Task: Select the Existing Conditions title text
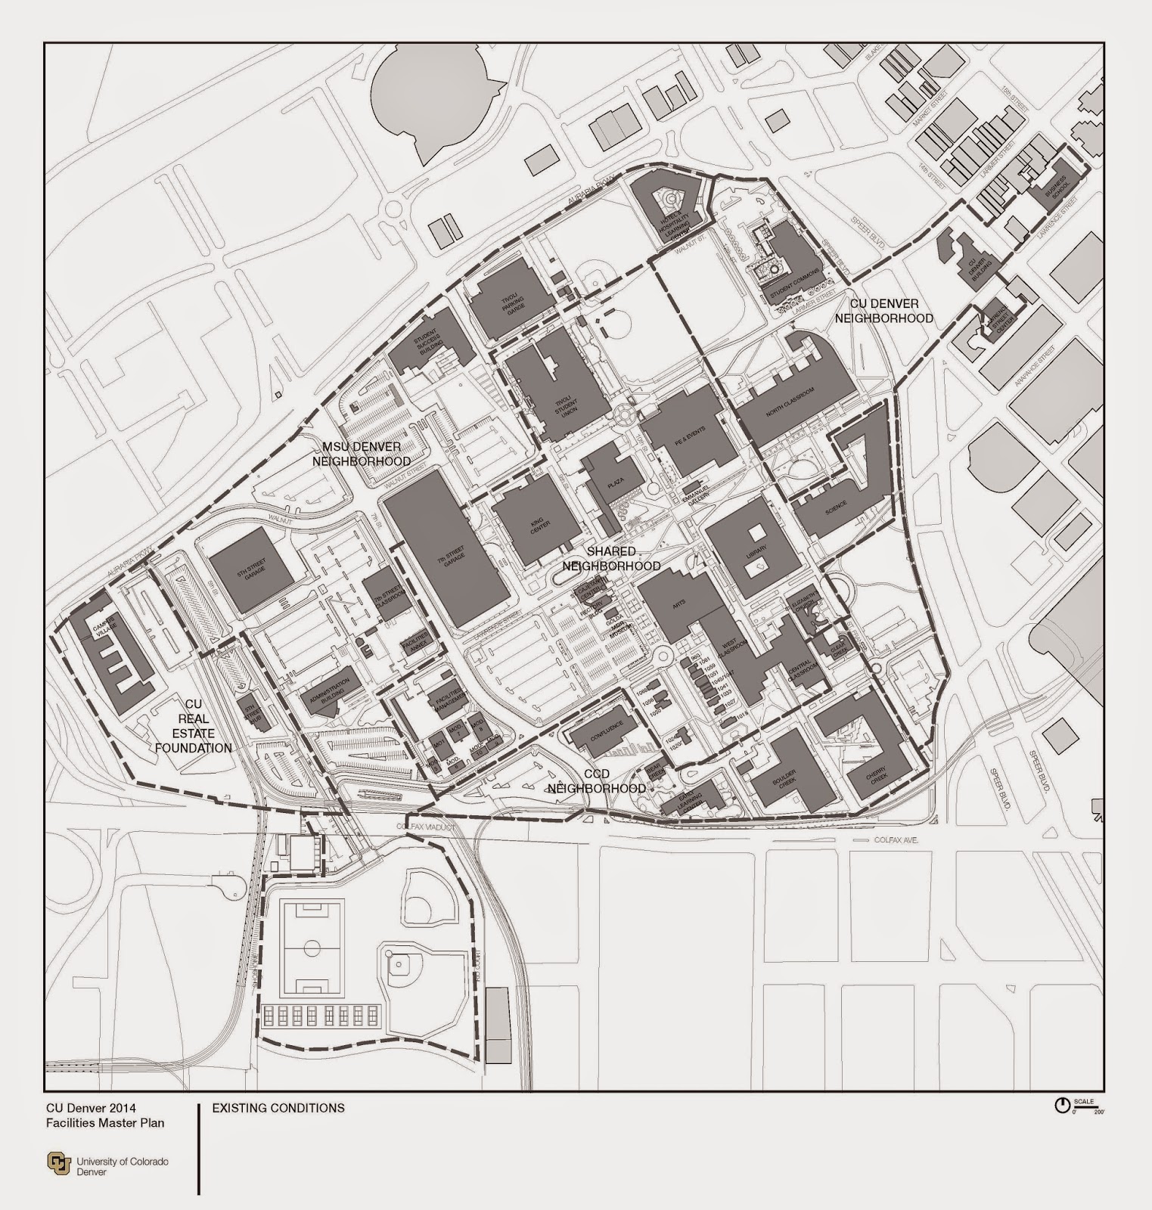click(278, 1108)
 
